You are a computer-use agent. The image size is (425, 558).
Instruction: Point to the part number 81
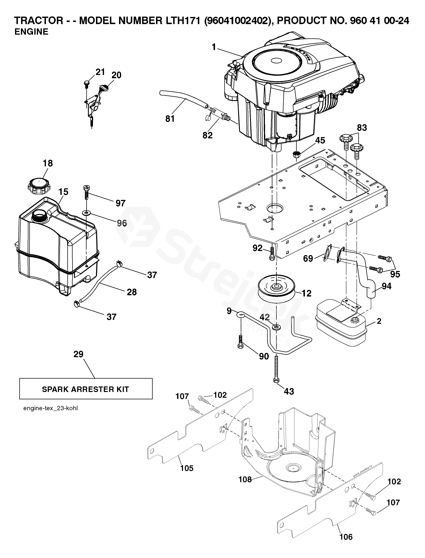coord(170,119)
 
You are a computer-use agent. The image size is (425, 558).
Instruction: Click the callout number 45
coord(320,140)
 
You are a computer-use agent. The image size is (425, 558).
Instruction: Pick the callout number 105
coord(187,468)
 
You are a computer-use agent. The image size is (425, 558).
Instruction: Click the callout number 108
coord(245,479)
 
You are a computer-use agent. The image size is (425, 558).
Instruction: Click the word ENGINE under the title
coord(31,32)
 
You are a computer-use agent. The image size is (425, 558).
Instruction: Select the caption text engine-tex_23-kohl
coord(50,408)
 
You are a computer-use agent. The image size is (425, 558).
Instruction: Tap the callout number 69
coord(308,258)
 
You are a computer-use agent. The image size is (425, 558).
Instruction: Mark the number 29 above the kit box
coord(78,354)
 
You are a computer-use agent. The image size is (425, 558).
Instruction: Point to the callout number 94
coord(387,286)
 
